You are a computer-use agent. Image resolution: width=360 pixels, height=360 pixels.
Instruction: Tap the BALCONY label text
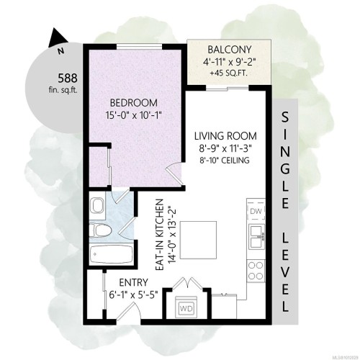(x=230, y=50)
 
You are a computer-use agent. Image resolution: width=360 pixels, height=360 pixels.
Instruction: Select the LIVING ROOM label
(x=226, y=135)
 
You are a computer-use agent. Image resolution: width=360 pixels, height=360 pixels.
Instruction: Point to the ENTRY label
(x=127, y=283)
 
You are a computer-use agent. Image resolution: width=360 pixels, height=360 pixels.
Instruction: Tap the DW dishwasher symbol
(x=256, y=212)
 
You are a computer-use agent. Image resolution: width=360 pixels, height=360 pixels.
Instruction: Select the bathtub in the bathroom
(x=109, y=256)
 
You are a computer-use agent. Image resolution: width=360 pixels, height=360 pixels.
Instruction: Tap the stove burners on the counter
(x=256, y=269)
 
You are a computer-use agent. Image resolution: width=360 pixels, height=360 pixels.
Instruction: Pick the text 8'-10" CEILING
(x=226, y=160)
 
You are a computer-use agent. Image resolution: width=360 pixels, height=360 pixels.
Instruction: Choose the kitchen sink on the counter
(x=256, y=235)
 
